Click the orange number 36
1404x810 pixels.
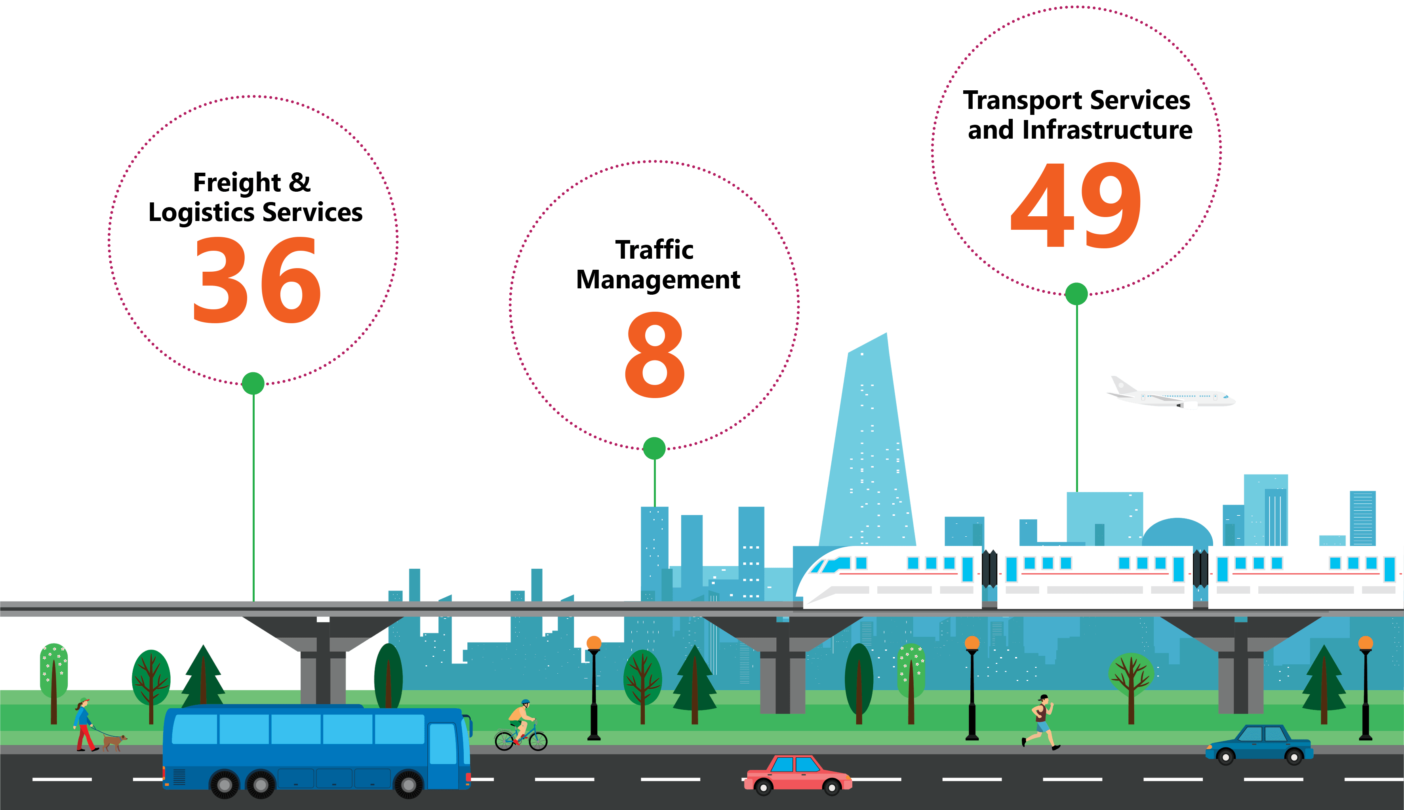[257, 280]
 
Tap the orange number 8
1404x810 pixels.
[655, 354]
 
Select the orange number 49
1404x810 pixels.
[1076, 205]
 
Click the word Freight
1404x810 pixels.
[236, 183]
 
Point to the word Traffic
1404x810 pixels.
[654, 250]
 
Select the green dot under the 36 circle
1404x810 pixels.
[253, 383]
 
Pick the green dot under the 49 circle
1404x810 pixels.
[1076, 294]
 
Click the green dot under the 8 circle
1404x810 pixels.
[654, 448]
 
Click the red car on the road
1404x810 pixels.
[797, 774]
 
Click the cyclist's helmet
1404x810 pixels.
[525, 702]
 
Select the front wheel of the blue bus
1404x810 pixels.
[408, 784]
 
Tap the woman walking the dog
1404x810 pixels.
[84, 724]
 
